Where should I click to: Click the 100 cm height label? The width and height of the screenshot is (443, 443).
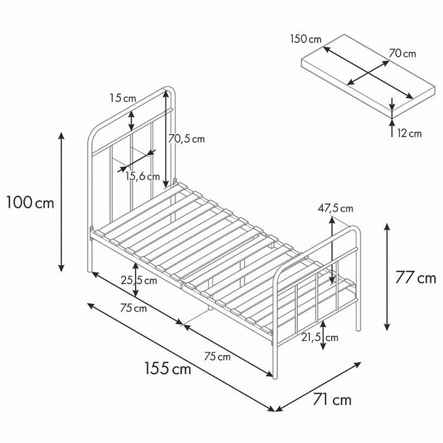[30, 202]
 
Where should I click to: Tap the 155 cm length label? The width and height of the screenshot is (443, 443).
[168, 368]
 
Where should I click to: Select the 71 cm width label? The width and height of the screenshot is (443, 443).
[332, 400]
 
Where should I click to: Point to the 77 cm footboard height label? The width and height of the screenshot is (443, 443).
[415, 277]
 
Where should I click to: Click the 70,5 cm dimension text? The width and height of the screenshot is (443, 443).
[186, 139]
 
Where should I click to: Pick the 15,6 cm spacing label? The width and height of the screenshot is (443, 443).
[143, 177]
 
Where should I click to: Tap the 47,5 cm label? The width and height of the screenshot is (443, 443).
[335, 209]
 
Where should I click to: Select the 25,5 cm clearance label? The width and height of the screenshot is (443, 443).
[139, 281]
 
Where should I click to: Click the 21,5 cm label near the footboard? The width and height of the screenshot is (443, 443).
[319, 337]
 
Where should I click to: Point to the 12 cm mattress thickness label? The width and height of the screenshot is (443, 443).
[409, 133]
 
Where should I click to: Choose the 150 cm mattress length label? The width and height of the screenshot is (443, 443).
[306, 39]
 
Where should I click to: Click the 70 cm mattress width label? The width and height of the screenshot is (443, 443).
[402, 53]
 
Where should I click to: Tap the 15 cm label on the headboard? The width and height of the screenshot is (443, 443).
[123, 98]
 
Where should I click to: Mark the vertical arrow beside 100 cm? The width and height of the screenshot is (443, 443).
[62, 202]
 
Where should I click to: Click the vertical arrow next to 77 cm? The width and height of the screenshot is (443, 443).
[388, 277]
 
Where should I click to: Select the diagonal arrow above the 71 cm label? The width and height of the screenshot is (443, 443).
[319, 386]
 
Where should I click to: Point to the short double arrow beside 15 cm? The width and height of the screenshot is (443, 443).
[132, 121]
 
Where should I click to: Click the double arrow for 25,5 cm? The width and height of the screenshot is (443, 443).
[136, 280]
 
